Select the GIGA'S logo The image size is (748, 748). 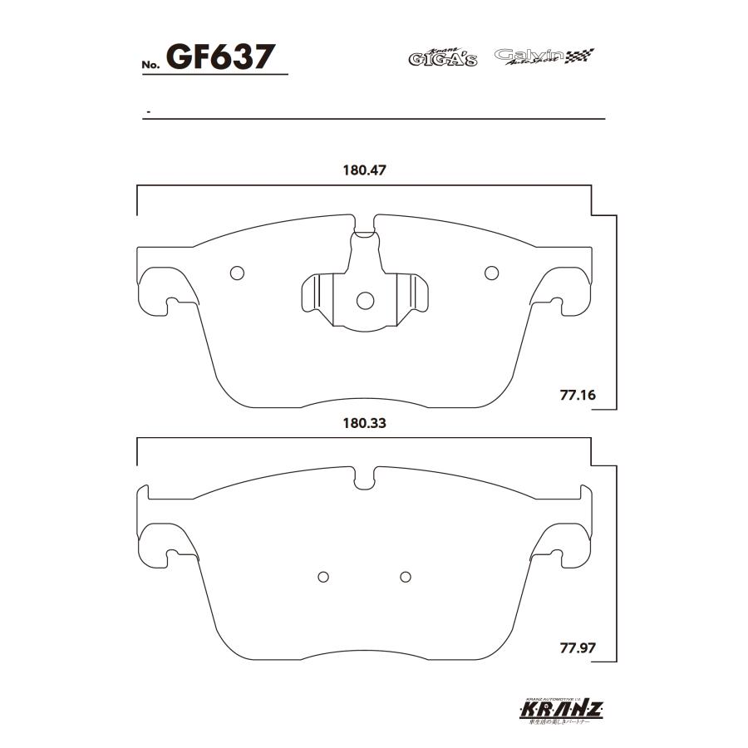[442, 58]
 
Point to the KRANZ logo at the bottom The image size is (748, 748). [561, 709]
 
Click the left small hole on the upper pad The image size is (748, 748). [236, 272]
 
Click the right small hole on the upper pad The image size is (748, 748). [490, 272]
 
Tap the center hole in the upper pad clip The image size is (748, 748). [364, 301]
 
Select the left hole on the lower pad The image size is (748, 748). [323, 577]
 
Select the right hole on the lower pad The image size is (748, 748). [406, 577]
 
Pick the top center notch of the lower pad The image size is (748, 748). [364, 479]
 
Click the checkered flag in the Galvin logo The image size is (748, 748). [580, 57]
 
